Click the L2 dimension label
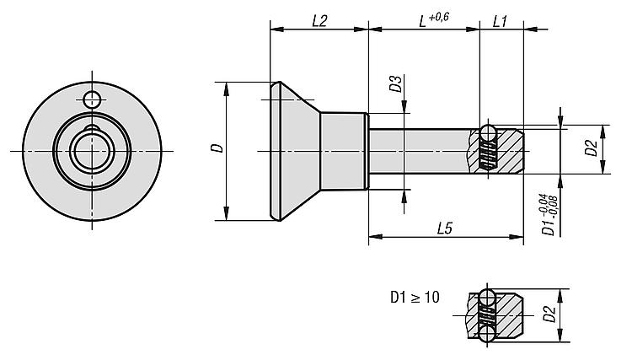click(319, 21)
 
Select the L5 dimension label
click(447, 228)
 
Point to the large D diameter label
click(217, 149)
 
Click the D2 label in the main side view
click(592, 149)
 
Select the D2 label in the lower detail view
click(549, 315)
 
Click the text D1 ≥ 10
click(415, 298)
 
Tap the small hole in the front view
click(92, 99)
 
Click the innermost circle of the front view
click(87, 151)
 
